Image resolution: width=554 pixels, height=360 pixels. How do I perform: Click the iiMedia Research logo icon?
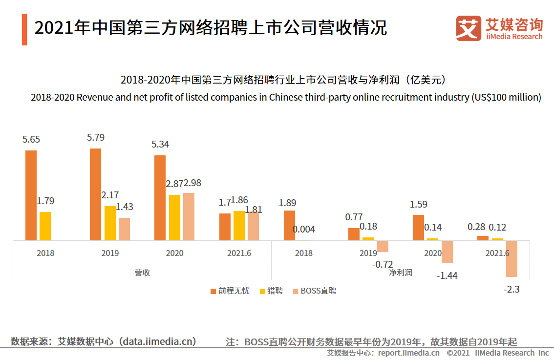[468, 28]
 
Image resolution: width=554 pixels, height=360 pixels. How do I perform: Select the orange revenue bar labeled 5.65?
[31, 195]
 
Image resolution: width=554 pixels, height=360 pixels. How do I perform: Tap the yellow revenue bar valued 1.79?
[45, 226]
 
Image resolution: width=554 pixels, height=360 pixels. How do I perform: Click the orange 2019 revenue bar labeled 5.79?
[96, 194]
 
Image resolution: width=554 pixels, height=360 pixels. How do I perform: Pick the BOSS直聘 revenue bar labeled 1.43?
[124, 229]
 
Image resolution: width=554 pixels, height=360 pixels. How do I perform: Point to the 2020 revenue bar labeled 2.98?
[189, 216]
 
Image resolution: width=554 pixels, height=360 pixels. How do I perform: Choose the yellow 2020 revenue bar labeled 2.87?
[174, 217]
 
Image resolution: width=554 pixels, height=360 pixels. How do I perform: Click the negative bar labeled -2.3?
[511, 258]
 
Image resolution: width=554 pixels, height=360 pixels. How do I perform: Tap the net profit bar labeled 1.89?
[290, 225]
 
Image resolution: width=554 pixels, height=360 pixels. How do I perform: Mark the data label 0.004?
[304, 229]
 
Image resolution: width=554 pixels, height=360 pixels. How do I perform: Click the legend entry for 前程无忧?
[230, 291]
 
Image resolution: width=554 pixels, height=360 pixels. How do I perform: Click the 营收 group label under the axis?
[142, 273]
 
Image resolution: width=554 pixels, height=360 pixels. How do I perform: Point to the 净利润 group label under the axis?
[401, 273]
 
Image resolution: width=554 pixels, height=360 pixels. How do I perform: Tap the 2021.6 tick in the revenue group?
[239, 253]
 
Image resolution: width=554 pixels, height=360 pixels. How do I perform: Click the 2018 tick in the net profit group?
[304, 253]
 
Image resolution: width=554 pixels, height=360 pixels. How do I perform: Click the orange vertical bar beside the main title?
[24, 29]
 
